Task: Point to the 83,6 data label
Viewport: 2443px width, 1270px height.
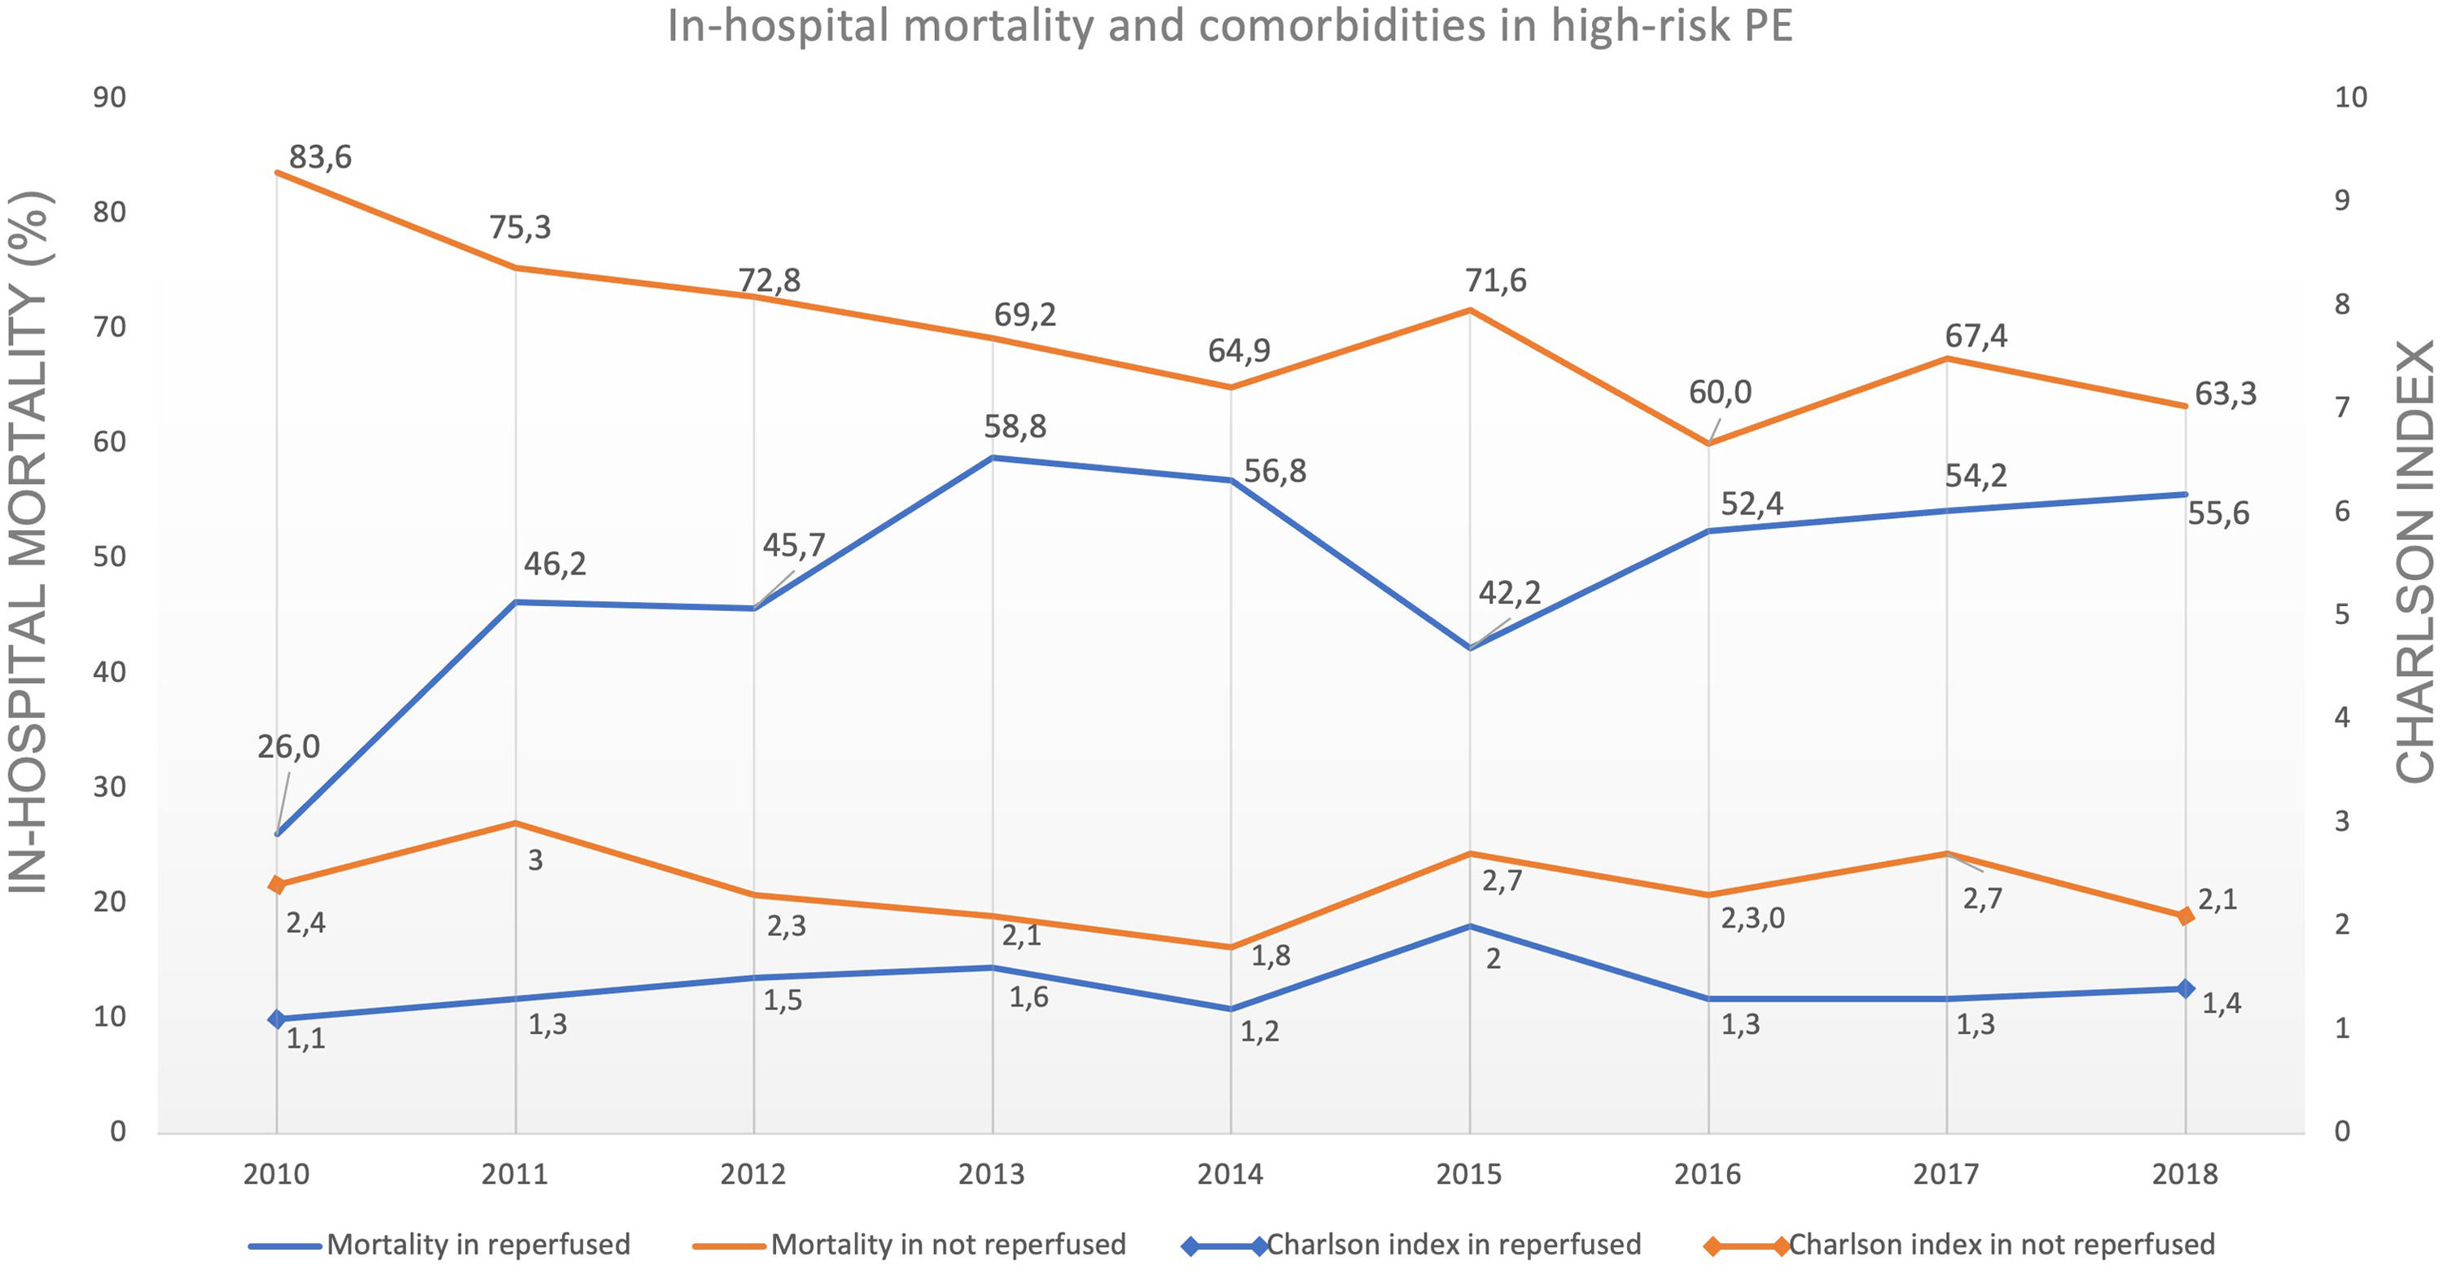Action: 319,156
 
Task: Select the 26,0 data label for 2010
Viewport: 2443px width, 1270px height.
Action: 288,746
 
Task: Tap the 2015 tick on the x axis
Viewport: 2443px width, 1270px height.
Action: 1468,1174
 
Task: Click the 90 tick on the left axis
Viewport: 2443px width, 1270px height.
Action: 109,97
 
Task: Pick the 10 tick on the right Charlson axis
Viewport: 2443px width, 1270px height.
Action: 2350,97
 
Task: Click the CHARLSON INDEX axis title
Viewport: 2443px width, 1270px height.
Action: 2414,561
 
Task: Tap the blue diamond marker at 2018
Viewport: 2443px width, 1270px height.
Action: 2185,988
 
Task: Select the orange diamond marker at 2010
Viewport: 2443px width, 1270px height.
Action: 277,884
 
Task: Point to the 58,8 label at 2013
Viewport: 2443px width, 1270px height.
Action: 1015,427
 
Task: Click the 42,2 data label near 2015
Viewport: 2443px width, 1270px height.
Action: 1509,593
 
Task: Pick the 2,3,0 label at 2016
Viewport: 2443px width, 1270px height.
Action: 1752,918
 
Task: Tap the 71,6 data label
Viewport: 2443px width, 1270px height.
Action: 1496,281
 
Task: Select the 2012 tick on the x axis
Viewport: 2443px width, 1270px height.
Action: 753,1174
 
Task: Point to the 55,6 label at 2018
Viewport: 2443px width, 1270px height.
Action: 2218,513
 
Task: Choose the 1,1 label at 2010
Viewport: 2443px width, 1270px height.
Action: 305,1039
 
